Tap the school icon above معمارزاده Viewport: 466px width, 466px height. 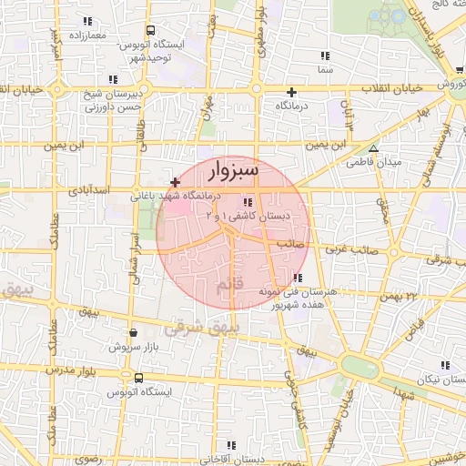pyautogui.click(x=86, y=21)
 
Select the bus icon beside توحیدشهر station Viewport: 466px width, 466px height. pyautogui.click(x=149, y=30)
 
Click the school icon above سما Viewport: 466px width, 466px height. pyautogui.click(x=325, y=55)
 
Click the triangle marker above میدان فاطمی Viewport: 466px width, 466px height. pyautogui.click(x=373, y=148)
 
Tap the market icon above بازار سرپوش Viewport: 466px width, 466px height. pyautogui.click(x=135, y=333)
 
